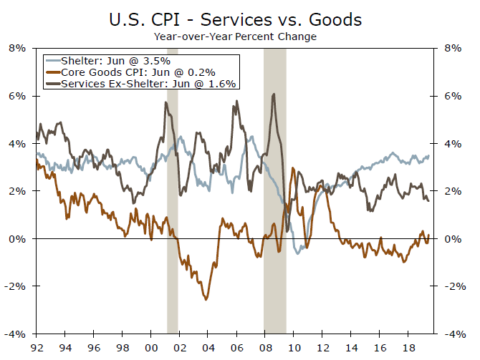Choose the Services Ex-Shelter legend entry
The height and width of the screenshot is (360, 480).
pos(140,83)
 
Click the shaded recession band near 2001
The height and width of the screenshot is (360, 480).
pos(172,215)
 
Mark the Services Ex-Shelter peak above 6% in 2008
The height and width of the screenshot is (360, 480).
pos(274,94)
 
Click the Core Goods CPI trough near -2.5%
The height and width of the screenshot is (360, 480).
pos(206,299)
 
